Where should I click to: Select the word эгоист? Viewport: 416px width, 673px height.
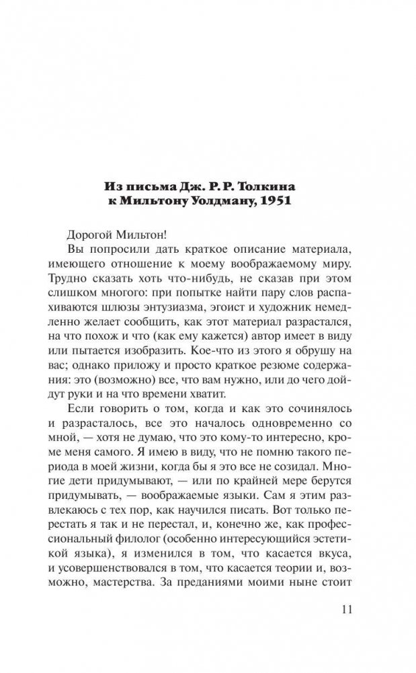pyautogui.click(x=246, y=307)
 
